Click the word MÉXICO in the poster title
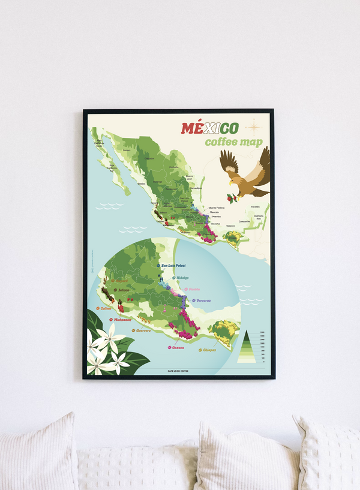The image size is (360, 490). (209, 128)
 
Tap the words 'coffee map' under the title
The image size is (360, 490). (229, 142)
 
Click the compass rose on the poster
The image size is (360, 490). (254, 126)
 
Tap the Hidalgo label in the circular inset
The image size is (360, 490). (182, 278)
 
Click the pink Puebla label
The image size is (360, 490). (193, 289)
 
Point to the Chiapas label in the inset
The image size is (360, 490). (209, 350)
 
